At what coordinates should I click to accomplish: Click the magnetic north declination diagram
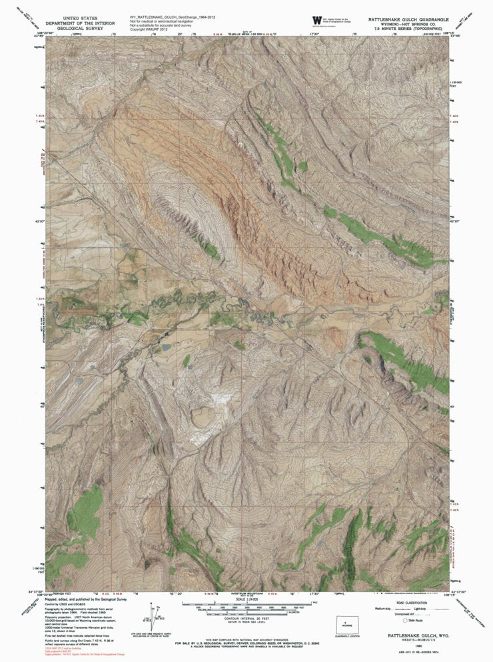click(155, 614)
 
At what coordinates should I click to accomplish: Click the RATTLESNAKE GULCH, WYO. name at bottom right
click(407, 637)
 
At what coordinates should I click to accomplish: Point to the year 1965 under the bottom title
click(407, 645)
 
